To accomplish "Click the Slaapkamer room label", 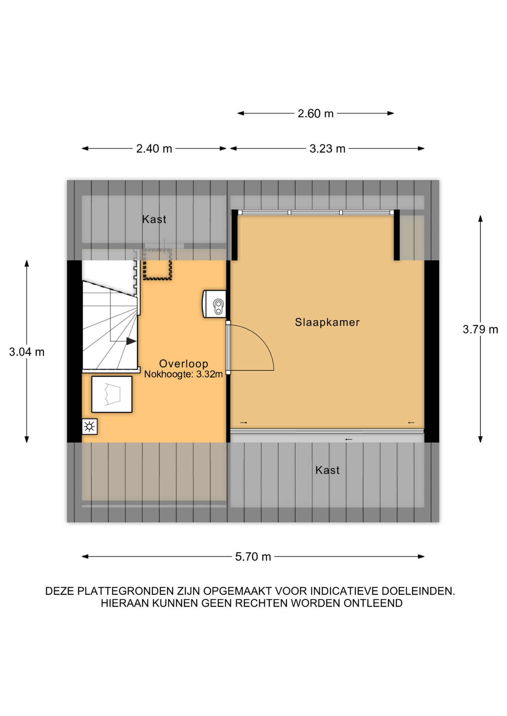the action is (x=327, y=322).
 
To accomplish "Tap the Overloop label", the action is (x=184, y=364).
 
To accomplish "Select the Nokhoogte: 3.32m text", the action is (x=183, y=374).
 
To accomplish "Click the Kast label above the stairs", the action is (x=154, y=219).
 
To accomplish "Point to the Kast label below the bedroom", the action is (x=327, y=470).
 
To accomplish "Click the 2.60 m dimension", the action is (x=315, y=113).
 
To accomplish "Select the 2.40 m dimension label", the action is (x=154, y=149).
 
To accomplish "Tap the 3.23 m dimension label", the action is (x=327, y=149).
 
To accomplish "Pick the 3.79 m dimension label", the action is (x=480, y=330).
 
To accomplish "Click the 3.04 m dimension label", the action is (x=27, y=352).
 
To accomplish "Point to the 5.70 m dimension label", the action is (x=253, y=557).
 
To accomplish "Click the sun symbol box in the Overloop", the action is (x=90, y=427).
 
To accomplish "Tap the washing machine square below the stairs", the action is (x=112, y=394).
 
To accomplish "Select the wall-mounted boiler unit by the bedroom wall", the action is (x=214, y=304).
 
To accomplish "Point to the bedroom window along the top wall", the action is (x=316, y=213).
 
